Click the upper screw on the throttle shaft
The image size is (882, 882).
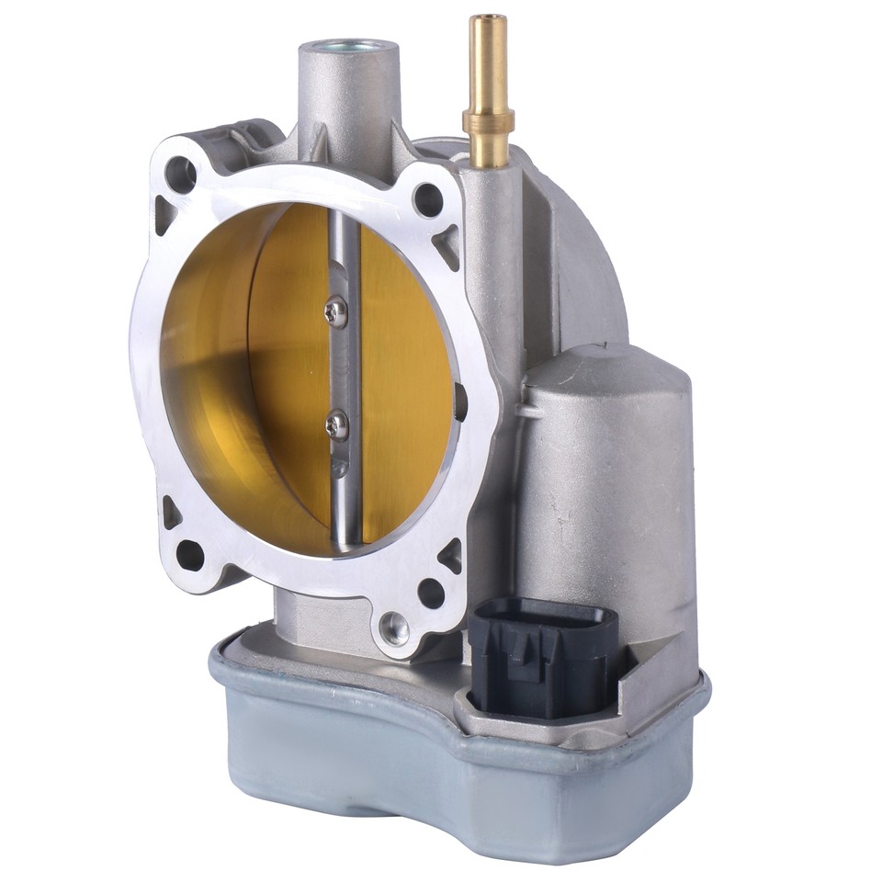(x=337, y=313)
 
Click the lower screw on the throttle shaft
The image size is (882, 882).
(x=337, y=424)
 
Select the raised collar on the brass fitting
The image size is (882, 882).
(x=488, y=120)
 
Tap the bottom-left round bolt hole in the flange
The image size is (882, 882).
(x=189, y=554)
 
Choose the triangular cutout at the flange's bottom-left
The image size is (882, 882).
(x=172, y=511)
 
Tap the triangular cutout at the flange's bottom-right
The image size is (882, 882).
(x=450, y=554)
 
